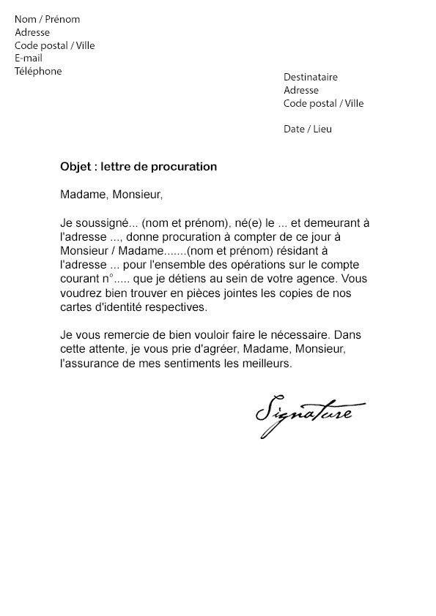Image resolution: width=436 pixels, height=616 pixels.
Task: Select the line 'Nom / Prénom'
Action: coord(47,20)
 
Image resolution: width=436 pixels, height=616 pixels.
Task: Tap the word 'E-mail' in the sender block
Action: coord(29,59)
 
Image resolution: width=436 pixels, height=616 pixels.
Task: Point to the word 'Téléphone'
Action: coord(38,72)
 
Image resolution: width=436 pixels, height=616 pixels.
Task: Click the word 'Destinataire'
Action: coord(311,78)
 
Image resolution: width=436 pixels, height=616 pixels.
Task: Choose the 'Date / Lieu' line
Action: coord(307,129)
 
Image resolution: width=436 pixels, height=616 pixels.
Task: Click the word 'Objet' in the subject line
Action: coord(75,167)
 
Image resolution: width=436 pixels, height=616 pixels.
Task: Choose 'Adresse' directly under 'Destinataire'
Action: coord(301,91)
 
